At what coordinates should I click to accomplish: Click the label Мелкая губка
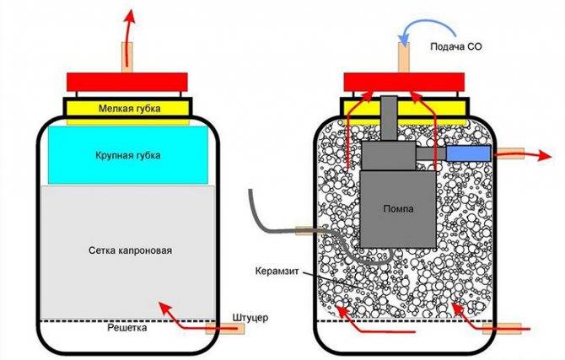point(130,109)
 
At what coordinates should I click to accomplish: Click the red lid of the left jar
point(129,83)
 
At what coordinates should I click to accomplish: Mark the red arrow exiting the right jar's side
point(523,154)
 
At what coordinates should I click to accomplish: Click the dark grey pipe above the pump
point(390,118)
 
